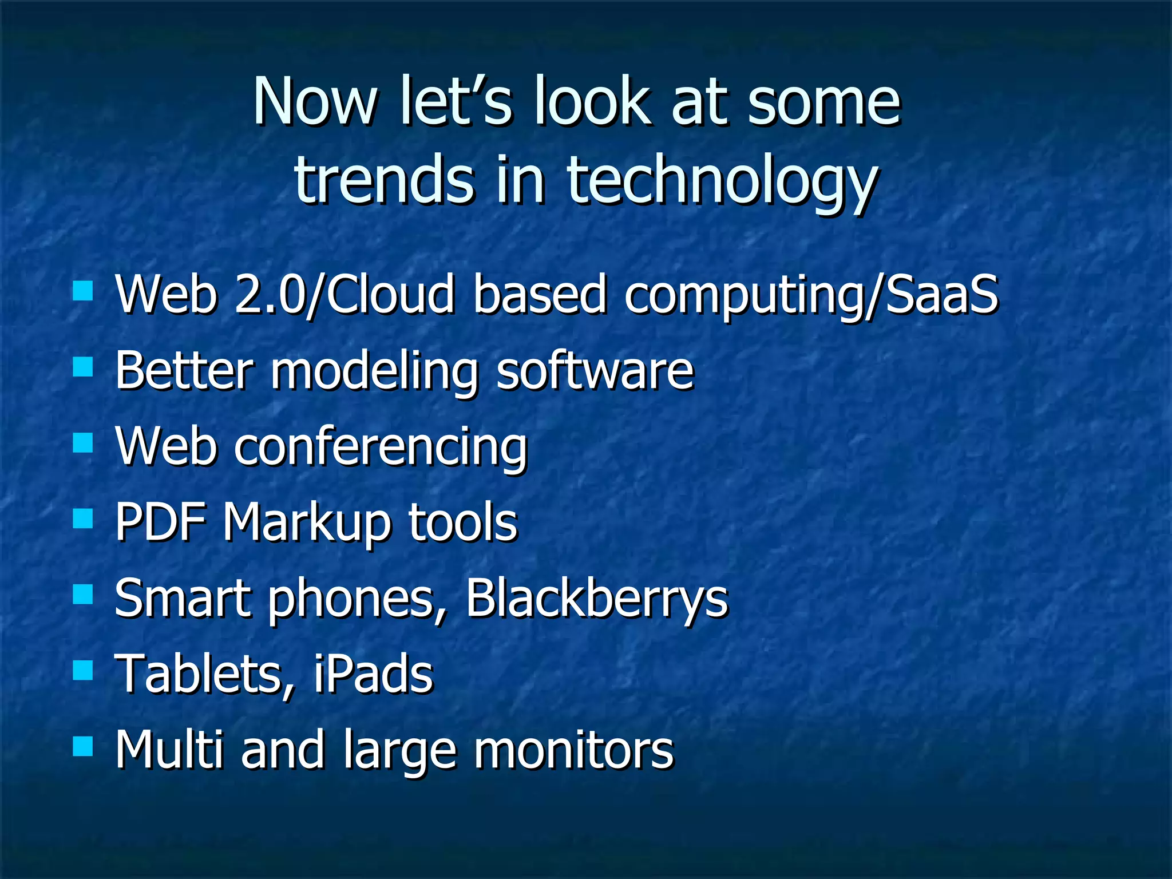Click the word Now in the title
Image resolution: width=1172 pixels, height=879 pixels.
tap(314, 102)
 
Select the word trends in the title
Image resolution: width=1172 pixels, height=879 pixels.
tap(384, 180)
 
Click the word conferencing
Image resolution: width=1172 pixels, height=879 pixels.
tap(381, 448)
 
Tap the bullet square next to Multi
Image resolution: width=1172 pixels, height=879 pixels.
tap(83, 746)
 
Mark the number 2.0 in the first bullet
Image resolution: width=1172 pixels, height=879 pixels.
tap(269, 294)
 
